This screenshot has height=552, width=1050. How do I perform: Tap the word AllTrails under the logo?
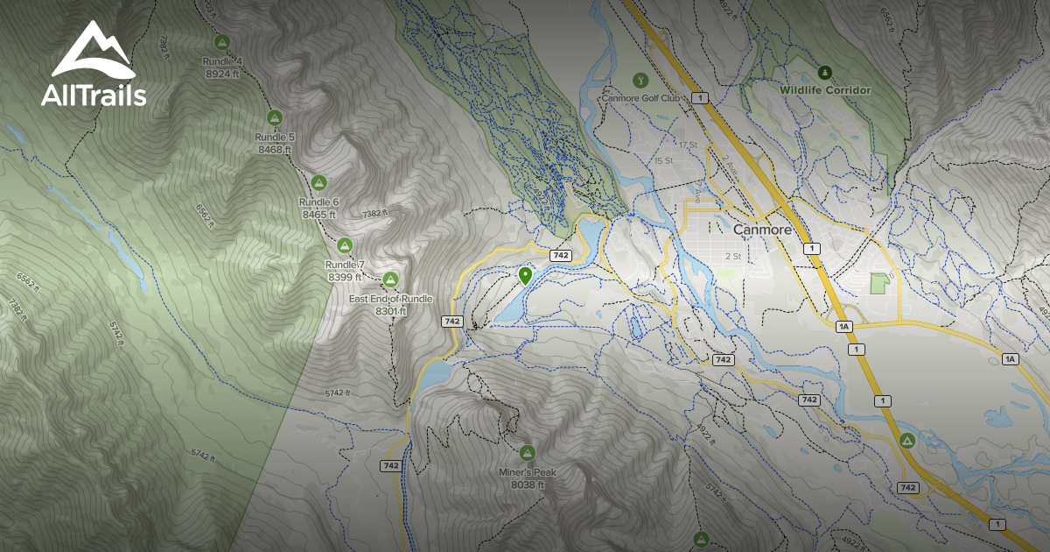(94, 96)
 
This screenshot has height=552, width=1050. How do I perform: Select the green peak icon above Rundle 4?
(222, 41)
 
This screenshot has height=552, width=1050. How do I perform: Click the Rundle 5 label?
(274, 138)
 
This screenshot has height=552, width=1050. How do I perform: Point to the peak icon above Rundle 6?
(319, 182)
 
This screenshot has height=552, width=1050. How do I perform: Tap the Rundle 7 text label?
(345, 265)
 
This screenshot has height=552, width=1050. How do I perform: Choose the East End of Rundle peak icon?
(390, 280)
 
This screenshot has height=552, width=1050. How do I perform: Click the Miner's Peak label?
(527, 472)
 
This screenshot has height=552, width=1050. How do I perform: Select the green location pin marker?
(525, 277)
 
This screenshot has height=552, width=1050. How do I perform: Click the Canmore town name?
(762, 230)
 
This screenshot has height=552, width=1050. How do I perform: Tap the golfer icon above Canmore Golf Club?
(639, 81)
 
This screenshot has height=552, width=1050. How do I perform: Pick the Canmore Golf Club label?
(640, 98)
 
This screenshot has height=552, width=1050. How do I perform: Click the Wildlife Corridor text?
(825, 90)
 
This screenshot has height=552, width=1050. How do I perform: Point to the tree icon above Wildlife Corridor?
(823, 71)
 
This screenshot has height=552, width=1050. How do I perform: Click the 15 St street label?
(662, 161)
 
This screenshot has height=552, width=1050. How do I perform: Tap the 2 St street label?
(732, 257)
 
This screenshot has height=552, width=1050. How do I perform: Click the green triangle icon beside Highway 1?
(907, 439)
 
